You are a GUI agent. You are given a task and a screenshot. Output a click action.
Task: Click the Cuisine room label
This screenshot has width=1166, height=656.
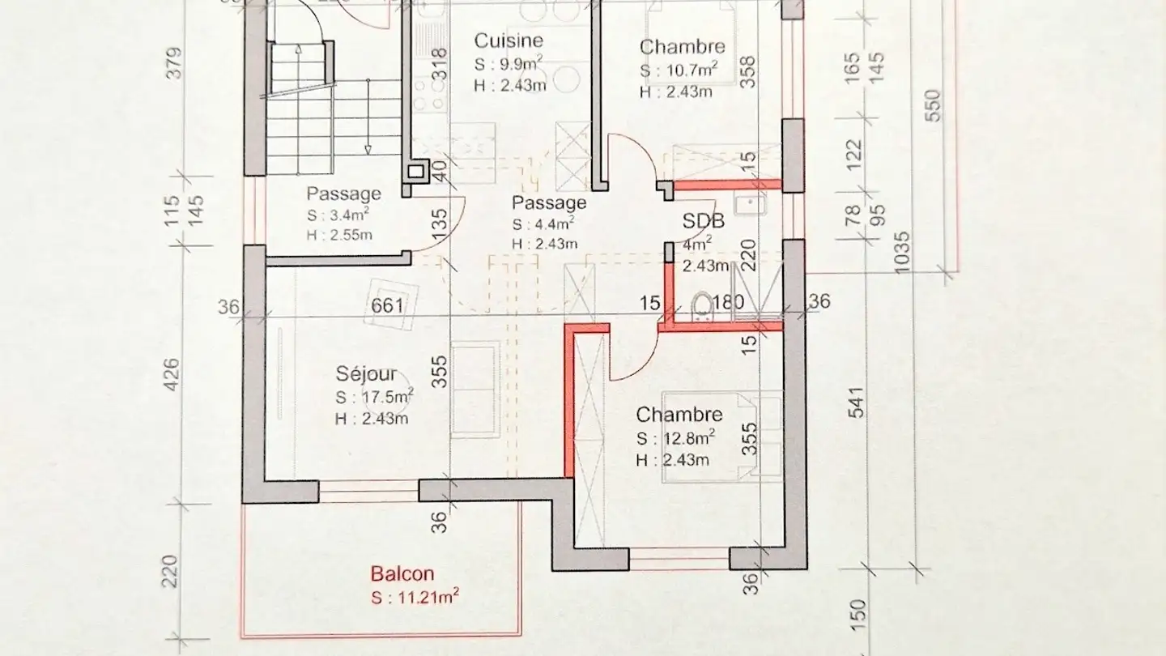509,40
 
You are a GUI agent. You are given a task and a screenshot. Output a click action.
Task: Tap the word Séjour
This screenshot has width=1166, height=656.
367,374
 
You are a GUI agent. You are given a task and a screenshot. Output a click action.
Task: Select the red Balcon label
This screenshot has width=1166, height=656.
402,574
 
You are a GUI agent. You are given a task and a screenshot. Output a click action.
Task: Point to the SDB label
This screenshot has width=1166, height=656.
703,221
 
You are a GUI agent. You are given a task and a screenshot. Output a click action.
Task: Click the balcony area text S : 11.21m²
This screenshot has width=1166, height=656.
415,598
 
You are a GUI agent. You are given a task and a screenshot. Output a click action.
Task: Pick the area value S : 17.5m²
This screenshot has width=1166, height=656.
374,397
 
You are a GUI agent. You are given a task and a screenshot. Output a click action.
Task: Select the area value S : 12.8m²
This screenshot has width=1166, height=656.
674,439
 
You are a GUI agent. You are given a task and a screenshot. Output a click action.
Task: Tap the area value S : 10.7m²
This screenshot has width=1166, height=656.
679,70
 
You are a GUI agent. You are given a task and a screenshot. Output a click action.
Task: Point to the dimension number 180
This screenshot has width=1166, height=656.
728,303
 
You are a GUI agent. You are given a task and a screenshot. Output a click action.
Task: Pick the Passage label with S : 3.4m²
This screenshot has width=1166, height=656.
343,194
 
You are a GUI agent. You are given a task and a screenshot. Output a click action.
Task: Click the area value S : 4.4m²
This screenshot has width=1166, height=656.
543,224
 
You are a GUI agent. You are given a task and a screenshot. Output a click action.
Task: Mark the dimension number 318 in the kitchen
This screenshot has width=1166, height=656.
439,64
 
